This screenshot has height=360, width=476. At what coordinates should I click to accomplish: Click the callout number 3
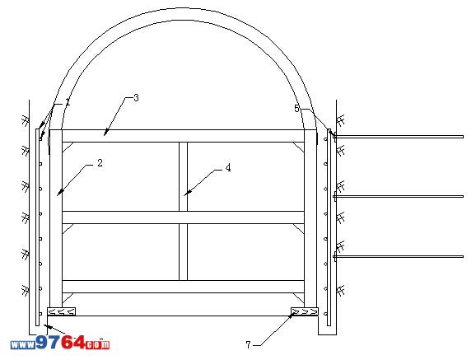click(x=136, y=98)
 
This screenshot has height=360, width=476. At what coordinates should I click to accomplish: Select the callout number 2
click(x=100, y=163)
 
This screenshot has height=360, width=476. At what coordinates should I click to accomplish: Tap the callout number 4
click(x=228, y=168)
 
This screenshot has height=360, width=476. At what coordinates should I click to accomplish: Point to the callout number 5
click(x=297, y=109)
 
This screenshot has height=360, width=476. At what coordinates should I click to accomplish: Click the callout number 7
click(x=249, y=345)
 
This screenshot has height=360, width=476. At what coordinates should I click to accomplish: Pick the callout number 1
click(x=68, y=102)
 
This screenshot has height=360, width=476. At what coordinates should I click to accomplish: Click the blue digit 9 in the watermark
click(x=42, y=343)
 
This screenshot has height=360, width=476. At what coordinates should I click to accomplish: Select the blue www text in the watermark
click(x=23, y=345)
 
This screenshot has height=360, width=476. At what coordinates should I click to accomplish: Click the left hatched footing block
click(x=62, y=311)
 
